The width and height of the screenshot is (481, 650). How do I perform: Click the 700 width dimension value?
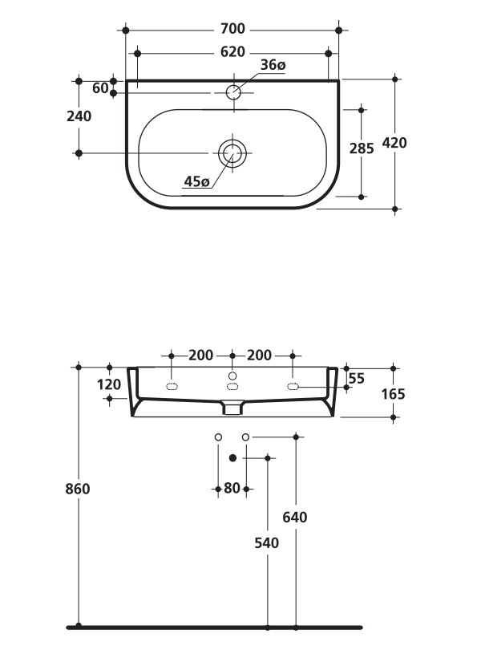coord(232,30)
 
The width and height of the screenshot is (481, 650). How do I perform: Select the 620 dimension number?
coord(232,52)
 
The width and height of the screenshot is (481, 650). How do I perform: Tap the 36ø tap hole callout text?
coord(273,65)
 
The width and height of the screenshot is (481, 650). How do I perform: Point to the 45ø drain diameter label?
coord(196,182)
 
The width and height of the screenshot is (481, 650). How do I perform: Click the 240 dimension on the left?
coord(79,116)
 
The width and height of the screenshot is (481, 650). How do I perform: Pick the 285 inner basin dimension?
coord(362,148)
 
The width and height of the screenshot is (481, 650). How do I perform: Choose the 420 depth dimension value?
coord(394,144)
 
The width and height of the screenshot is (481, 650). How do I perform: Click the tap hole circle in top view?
coord(232,91)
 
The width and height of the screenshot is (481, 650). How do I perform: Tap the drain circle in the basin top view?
coord(232,152)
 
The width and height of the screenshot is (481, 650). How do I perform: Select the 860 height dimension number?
coord(79,489)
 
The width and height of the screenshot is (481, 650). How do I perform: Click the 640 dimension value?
coord(295,518)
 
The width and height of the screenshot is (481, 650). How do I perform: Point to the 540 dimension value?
coord(266,543)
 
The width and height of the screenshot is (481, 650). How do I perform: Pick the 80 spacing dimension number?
coord(232,488)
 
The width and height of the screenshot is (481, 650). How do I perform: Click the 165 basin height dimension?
coord(394,394)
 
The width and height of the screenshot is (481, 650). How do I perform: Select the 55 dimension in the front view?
coord(358,378)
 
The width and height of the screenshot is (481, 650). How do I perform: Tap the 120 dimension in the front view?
coord(108,384)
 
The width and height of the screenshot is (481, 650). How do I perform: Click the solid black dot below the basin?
coord(232,457)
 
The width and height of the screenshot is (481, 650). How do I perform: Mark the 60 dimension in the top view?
coord(100,88)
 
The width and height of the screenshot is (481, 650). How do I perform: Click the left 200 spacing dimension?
coord(201,355)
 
